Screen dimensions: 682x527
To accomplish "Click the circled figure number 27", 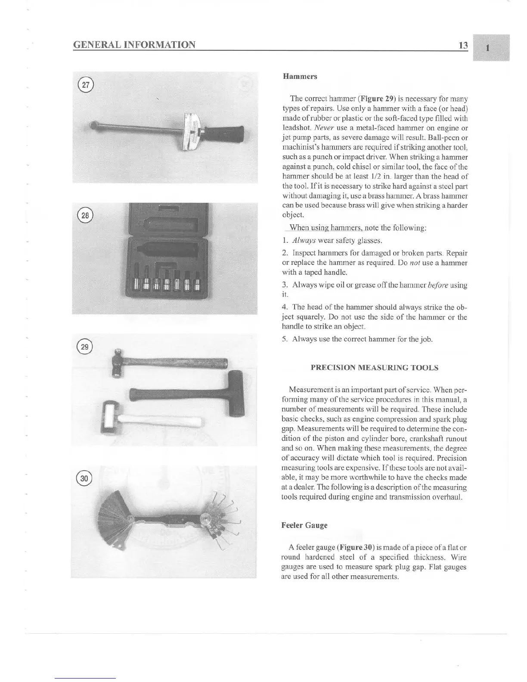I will (86, 85).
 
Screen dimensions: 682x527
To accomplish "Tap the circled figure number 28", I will (86, 215).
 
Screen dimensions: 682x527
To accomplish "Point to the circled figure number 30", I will (84, 478).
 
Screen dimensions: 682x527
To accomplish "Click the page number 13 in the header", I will (463, 45).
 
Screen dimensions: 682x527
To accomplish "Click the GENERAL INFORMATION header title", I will (134, 45).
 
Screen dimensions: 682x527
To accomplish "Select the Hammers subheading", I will (300, 77).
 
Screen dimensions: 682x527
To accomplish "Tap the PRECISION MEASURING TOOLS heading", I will (374, 368).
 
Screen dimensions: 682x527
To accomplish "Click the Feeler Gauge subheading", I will (304, 525).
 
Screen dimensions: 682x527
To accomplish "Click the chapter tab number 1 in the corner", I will (487, 48).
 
